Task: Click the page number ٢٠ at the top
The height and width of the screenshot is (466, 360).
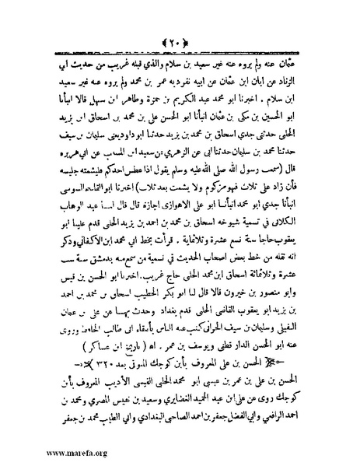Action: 180,17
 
